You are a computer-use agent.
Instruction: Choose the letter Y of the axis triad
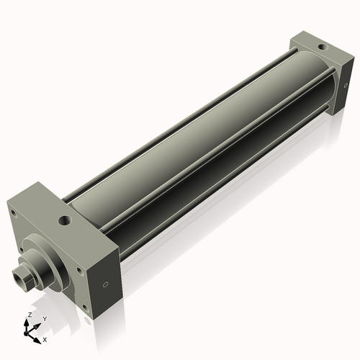tap(44, 318)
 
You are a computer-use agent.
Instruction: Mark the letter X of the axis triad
tap(45, 338)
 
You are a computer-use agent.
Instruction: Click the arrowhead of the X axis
tap(39, 335)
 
